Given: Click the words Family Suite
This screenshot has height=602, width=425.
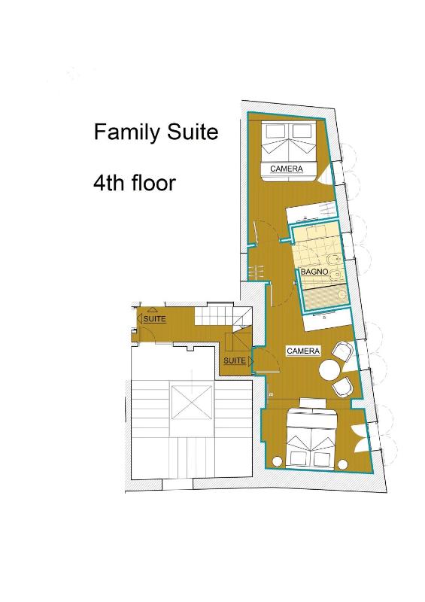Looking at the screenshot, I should [156, 132].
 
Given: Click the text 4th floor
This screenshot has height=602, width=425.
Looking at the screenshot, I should [134, 183].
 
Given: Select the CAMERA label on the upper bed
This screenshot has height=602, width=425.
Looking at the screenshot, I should [287, 169].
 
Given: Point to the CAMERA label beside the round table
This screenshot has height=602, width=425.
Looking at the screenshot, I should [304, 351].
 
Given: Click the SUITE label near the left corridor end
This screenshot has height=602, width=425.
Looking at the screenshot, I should [154, 319].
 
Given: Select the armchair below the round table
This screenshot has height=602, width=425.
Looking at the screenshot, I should [343, 387].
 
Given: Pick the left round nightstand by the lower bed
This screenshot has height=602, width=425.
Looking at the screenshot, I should [278, 461].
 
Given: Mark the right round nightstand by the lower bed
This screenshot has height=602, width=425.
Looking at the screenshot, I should [345, 461].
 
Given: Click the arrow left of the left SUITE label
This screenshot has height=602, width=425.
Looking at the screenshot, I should [140, 319].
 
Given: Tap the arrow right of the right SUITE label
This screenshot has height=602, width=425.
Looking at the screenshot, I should [250, 362].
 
